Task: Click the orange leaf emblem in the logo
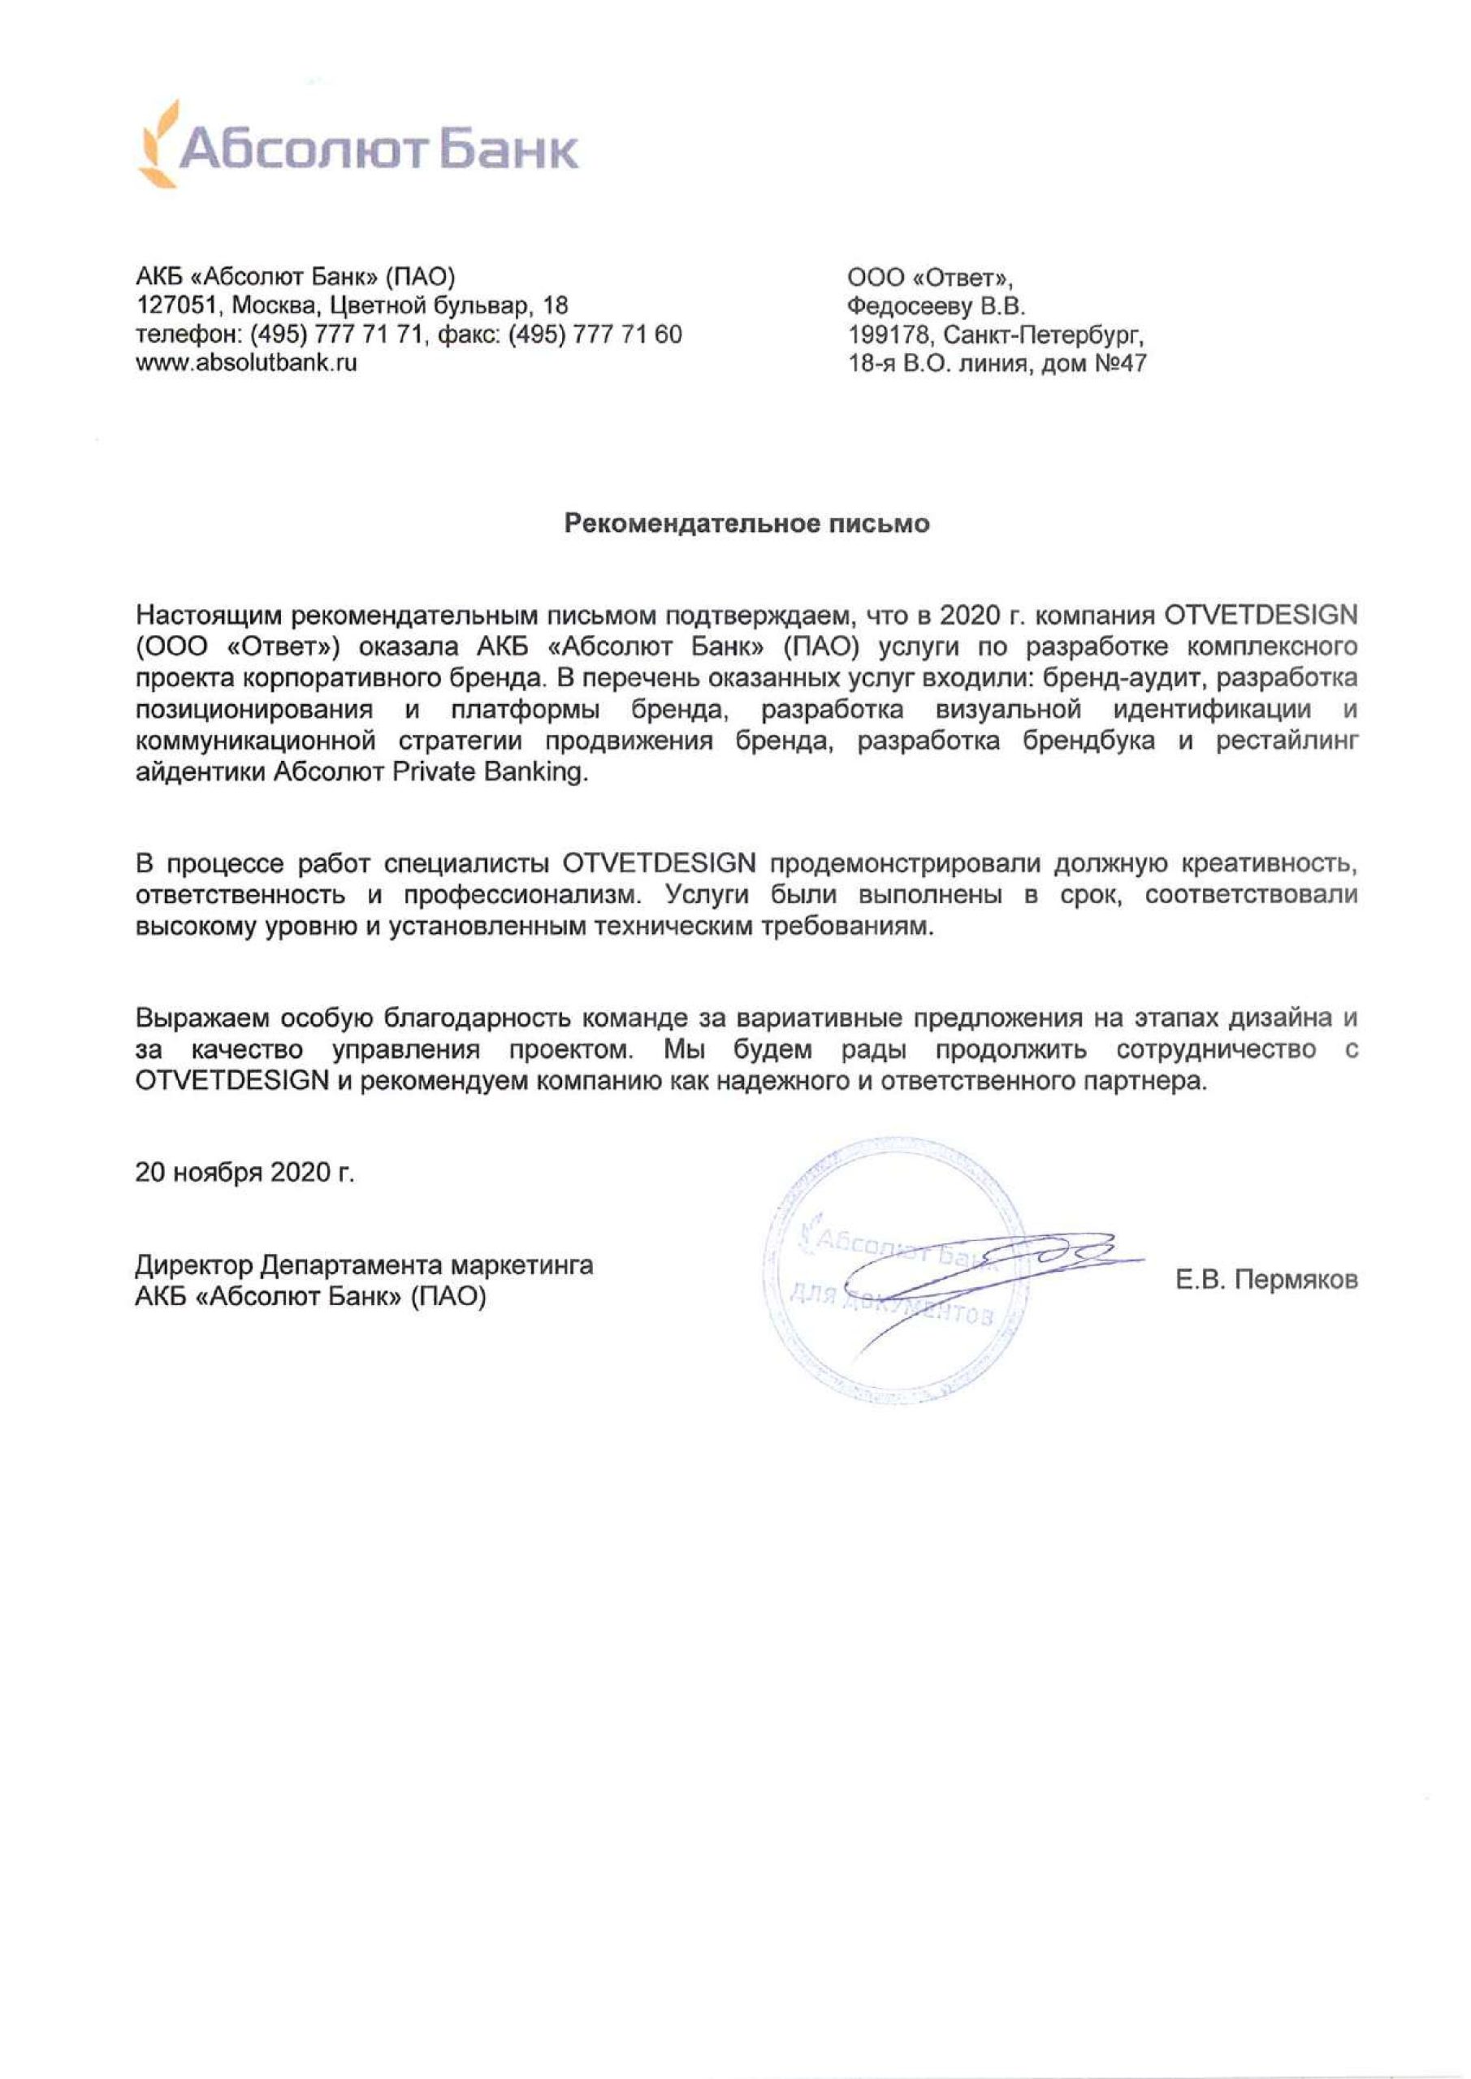(x=159, y=144)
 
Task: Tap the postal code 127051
(x=180, y=305)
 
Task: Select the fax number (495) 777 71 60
(x=595, y=334)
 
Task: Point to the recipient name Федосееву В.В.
(x=936, y=305)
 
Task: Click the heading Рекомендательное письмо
(x=747, y=523)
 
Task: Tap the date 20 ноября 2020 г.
(x=244, y=1173)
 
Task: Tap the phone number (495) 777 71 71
(x=336, y=334)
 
